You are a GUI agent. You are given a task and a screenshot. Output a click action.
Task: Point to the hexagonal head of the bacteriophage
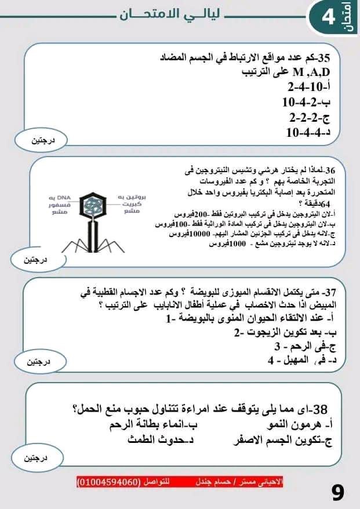coord(91,206)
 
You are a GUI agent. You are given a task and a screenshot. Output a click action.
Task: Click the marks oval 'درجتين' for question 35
coord(41,141)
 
